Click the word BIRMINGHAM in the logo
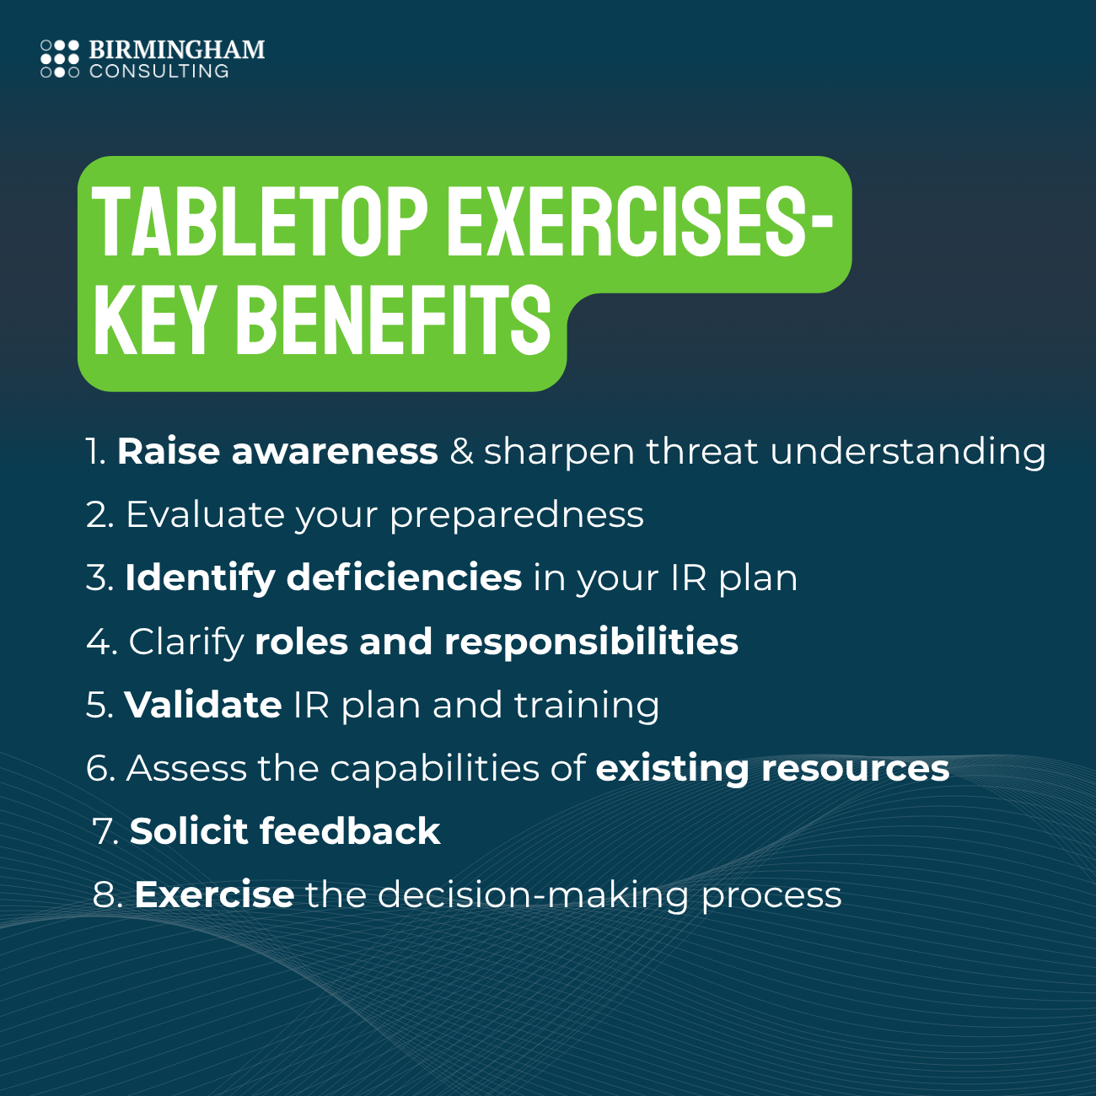pos(177,50)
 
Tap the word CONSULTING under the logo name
pos(159,72)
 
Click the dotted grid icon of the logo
pos(60,59)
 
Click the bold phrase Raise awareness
pos(277,451)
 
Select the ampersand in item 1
pos(461,451)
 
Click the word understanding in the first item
pos(907,451)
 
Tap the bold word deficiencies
pos(404,578)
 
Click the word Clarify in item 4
pos(185,642)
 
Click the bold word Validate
pos(203,705)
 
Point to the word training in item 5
pos(587,706)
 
